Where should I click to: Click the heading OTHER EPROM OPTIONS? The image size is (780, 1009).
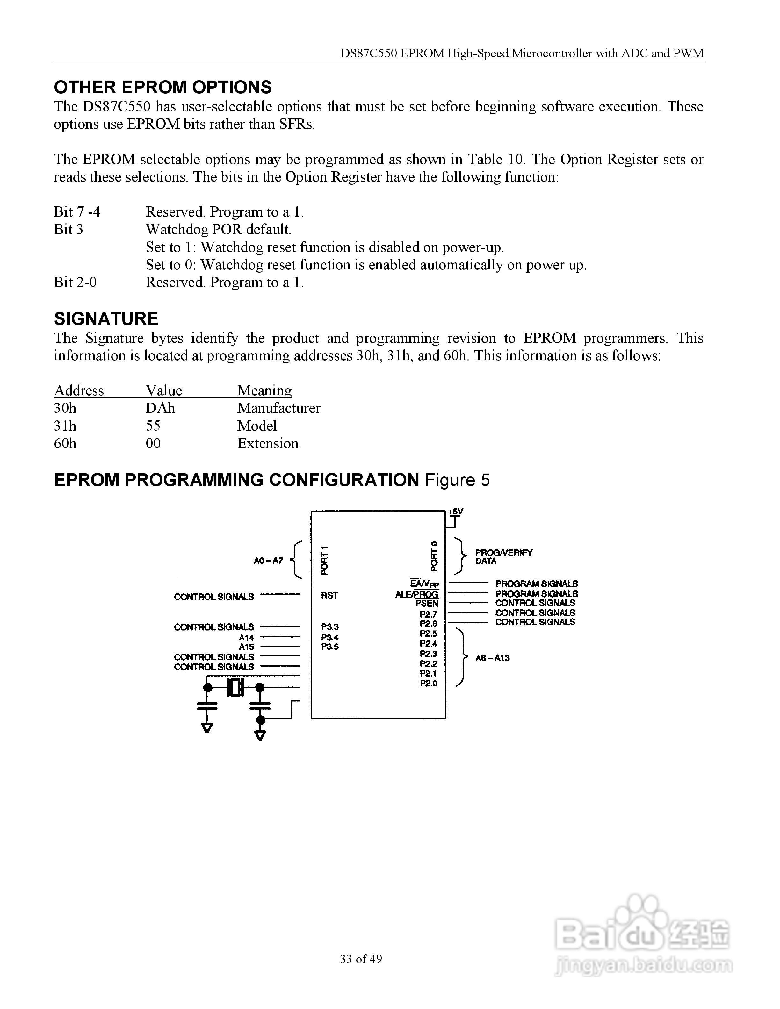point(162,87)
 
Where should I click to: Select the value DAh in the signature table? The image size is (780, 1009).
point(160,408)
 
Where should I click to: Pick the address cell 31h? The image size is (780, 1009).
point(65,426)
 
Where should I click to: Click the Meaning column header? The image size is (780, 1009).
point(264,390)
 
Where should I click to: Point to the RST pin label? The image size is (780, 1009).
point(329,596)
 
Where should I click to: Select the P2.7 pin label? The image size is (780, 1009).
point(428,614)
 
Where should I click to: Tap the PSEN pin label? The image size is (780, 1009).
point(427,603)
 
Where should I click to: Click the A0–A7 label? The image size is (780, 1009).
point(268,561)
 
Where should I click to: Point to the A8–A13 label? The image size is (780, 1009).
point(493,658)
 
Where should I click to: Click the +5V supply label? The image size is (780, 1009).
point(456,512)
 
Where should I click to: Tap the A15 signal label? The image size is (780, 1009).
point(246,647)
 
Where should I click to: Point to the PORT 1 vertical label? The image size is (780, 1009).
point(325,561)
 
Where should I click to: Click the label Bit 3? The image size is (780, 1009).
point(69,230)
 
